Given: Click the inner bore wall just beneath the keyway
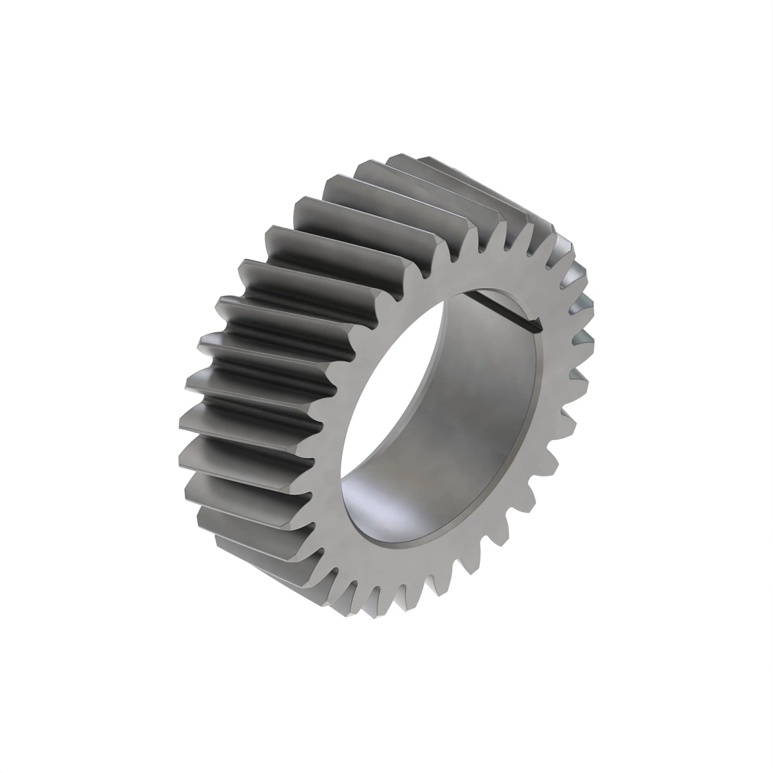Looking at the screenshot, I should [x=496, y=361].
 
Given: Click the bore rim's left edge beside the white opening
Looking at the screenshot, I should [x=351, y=412].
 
